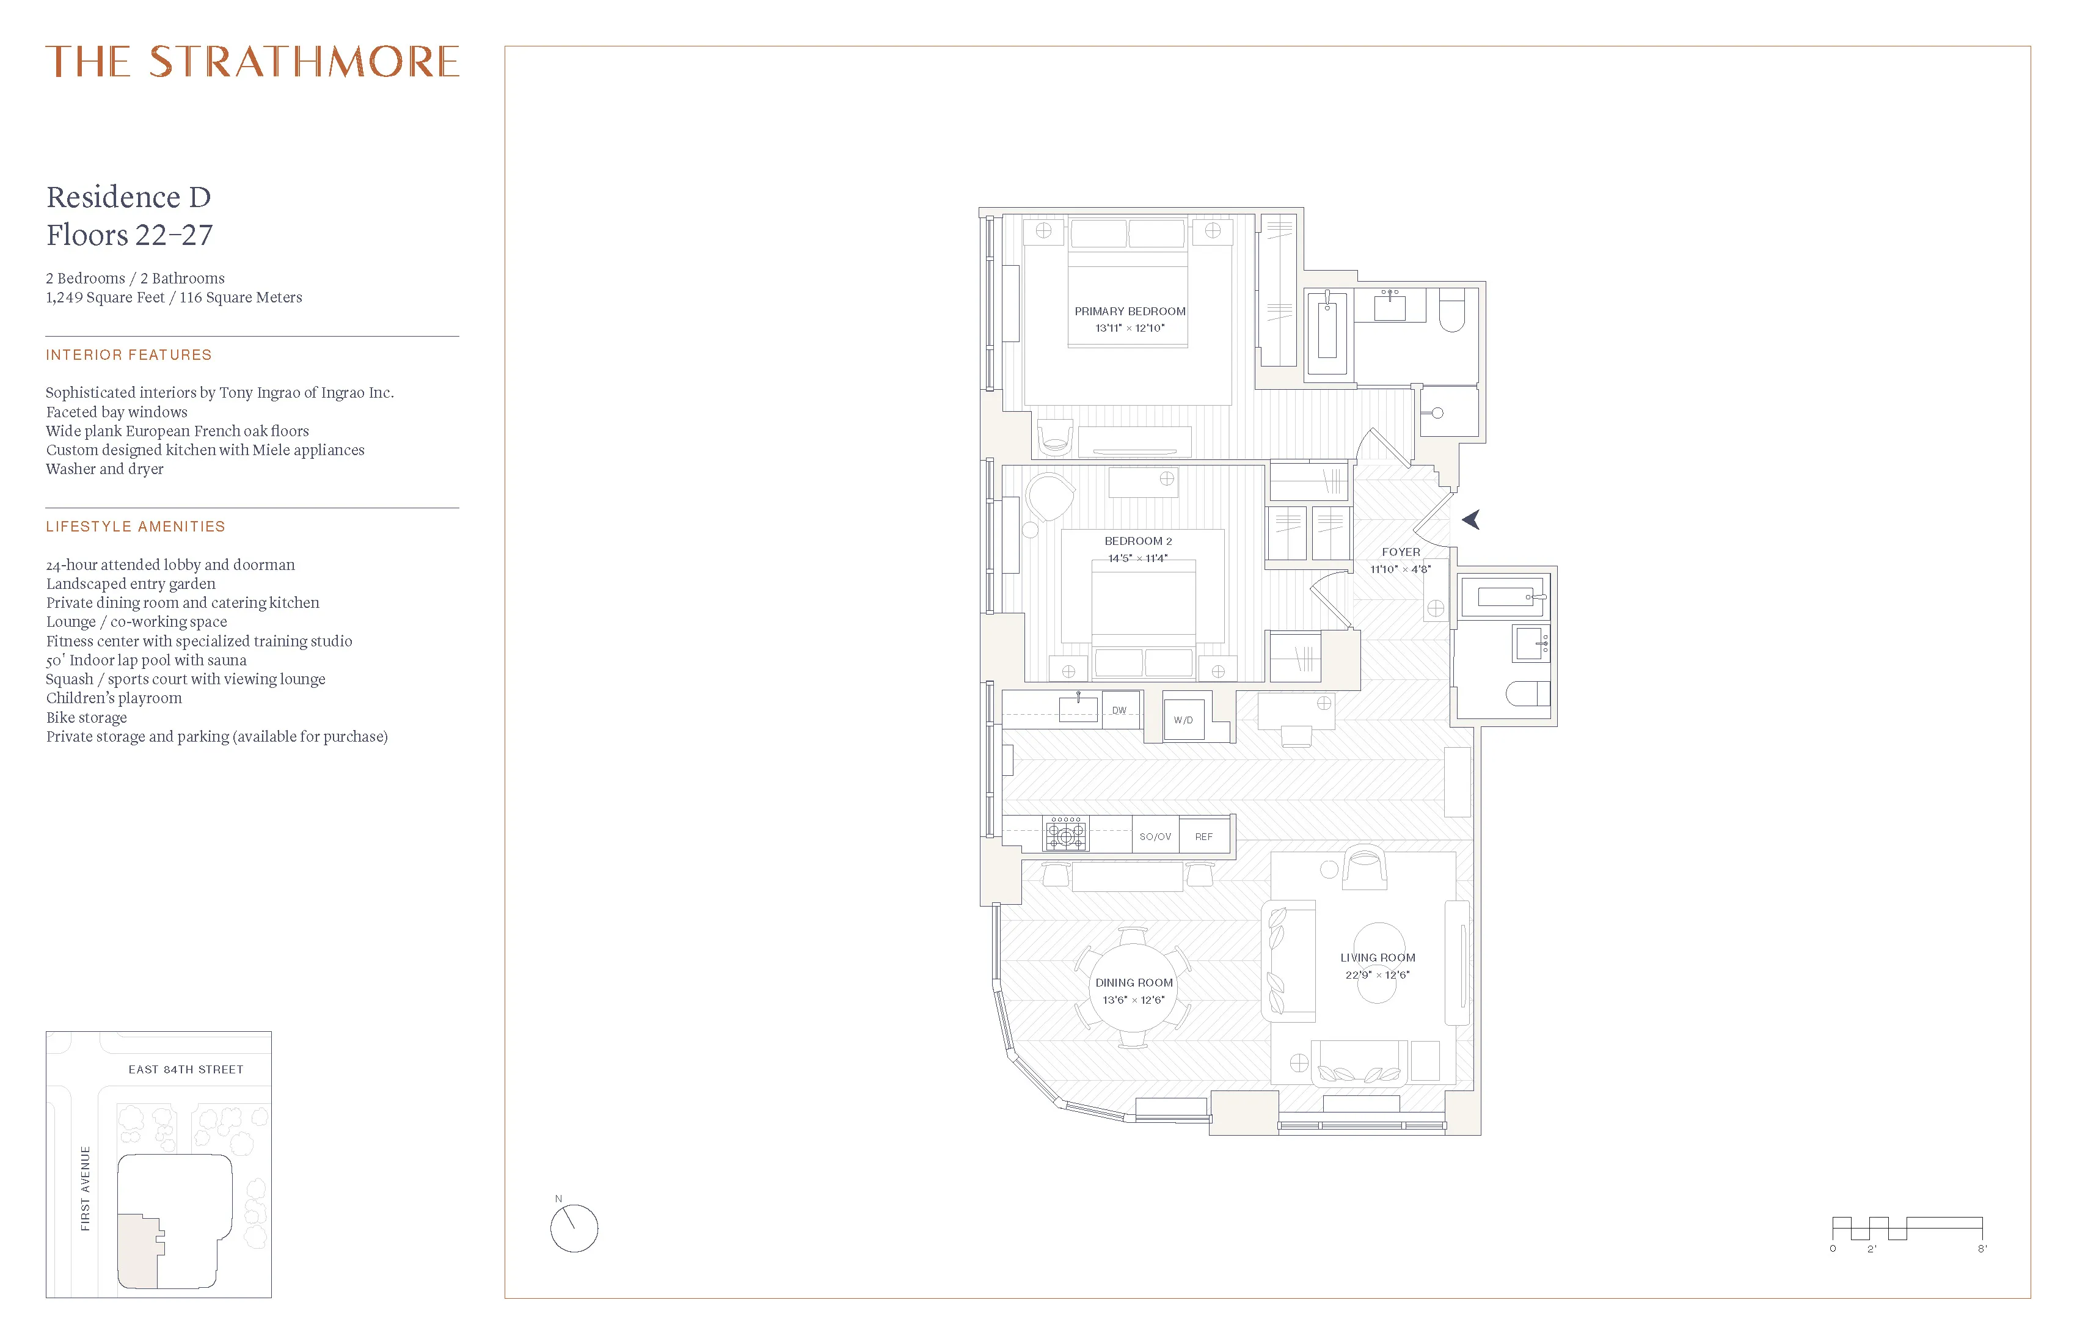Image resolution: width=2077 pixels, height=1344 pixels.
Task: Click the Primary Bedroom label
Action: pos(1130,312)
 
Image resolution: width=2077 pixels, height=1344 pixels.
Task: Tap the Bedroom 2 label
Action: pos(1138,541)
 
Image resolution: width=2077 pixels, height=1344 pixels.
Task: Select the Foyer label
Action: pos(1401,552)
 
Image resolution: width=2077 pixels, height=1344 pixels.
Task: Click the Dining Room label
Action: pos(1134,983)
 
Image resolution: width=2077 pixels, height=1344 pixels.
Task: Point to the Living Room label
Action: pos(1377,957)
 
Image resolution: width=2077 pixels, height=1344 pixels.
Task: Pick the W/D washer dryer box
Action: pos(1183,720)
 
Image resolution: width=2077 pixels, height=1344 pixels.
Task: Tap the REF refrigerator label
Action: pos(1203,836)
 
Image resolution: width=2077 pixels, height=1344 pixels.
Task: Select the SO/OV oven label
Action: pos(1155,836)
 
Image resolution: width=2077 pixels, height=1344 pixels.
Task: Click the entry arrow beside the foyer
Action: pos(1472,520)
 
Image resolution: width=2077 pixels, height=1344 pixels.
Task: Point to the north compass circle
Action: pos(574,1229)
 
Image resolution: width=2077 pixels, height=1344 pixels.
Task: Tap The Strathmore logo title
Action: pos(252,62)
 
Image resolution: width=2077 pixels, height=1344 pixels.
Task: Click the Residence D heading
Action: pos(128,197)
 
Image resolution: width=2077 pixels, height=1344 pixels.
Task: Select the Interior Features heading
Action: pos(129,355)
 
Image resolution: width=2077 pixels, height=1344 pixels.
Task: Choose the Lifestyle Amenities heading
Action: pos(135,526)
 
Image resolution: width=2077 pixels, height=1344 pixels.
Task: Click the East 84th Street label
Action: pos(186,1069)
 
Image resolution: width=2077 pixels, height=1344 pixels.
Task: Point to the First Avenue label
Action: pos(86,1189)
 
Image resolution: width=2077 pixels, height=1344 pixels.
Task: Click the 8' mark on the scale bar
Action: pos(1982,1249)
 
